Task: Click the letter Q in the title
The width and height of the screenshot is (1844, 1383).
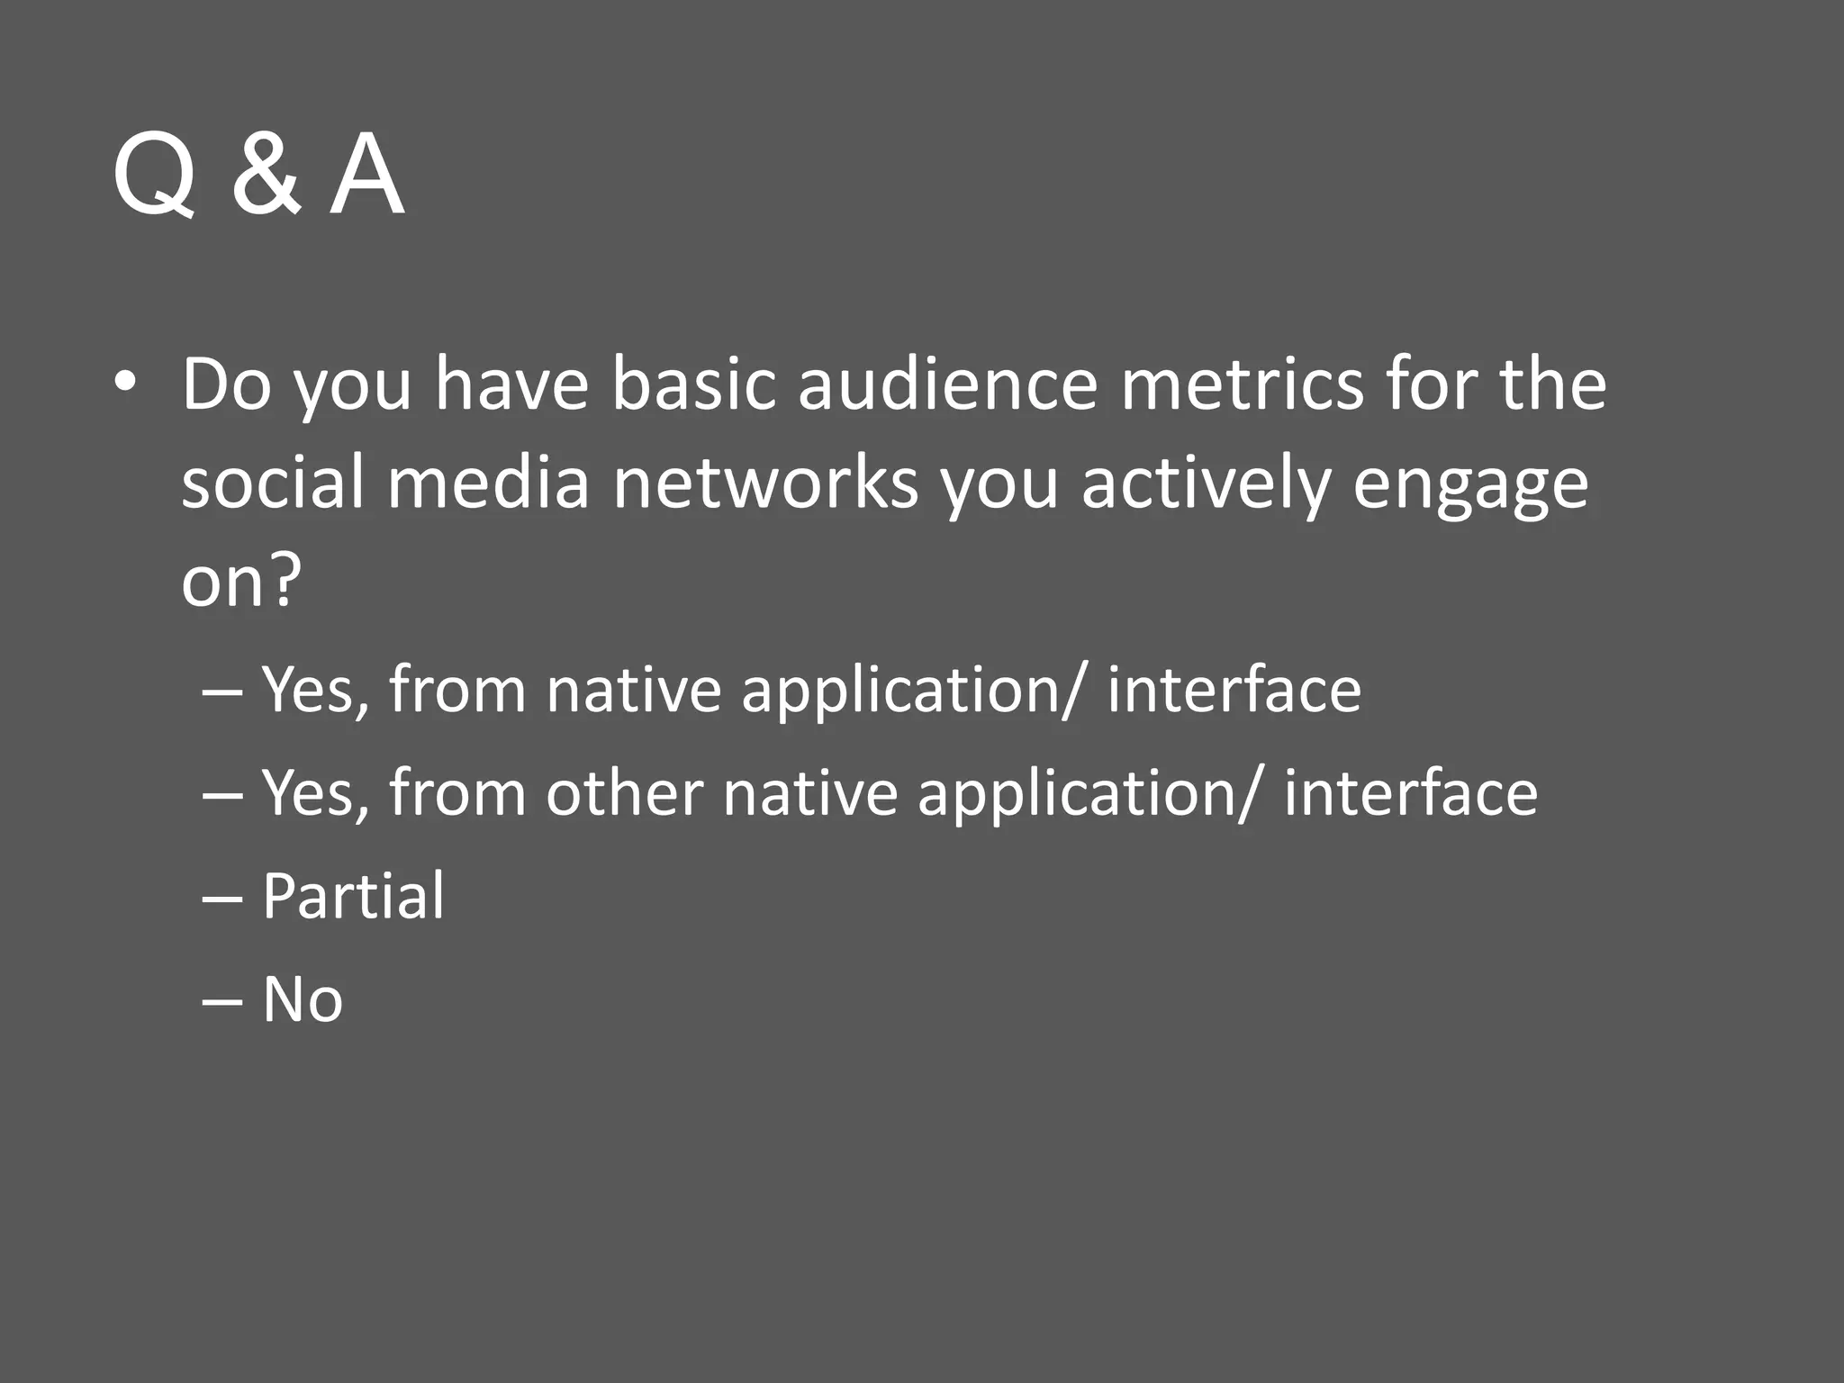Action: pos(154,175)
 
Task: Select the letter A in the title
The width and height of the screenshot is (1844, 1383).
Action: pos(366,175)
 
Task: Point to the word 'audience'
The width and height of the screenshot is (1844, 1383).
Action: pos(947,384)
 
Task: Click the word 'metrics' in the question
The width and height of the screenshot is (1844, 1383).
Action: pos(1243,384)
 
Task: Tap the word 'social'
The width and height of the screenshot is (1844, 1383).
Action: pos(274,482)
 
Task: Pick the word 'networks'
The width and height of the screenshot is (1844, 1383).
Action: pos(765,482)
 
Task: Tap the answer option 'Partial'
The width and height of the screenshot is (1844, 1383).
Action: pos(353,897)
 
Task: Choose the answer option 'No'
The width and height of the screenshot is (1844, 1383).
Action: pos(303,999)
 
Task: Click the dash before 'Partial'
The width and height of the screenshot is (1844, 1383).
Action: pos(222,899)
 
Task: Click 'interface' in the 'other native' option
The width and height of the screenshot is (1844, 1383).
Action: pos(1411,793)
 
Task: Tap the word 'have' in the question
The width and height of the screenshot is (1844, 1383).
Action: pos(511,384)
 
